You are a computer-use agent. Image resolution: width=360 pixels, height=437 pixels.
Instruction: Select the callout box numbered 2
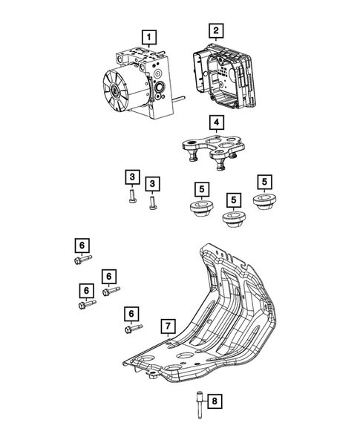(215, 30)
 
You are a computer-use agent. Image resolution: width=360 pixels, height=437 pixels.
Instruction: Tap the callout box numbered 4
(215, 122)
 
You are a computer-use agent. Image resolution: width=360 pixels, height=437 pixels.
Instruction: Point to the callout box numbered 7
(168, 326)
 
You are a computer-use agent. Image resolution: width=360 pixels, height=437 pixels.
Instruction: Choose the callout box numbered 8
(214, 401)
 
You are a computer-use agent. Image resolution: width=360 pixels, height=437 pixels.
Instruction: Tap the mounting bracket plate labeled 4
(212, 150)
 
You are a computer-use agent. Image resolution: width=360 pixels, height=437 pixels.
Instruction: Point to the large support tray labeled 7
(223, 326)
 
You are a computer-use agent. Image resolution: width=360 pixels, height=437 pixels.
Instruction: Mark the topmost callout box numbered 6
(82, 244)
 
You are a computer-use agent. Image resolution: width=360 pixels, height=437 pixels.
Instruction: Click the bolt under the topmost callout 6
(82, 259)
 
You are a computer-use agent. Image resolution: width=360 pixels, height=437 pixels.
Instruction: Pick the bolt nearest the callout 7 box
(133, 329)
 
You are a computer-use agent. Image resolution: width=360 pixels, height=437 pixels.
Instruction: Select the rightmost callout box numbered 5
(264, 182)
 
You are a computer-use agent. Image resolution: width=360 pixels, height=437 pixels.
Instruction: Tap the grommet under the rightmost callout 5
(264, 203)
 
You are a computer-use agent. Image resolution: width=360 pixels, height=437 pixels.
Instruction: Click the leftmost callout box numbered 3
(131, 177)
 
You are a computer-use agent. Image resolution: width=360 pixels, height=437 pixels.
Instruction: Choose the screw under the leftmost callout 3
(131, 196)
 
